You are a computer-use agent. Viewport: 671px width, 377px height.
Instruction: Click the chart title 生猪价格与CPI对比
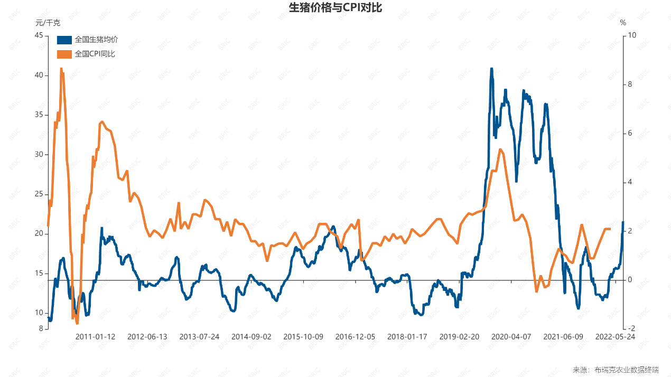(335, 8)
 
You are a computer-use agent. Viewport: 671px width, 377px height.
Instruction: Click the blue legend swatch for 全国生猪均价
(64, 40)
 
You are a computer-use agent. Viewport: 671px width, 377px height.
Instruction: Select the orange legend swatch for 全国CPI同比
(64, 54)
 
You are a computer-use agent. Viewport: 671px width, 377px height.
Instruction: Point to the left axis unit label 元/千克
(48, 23)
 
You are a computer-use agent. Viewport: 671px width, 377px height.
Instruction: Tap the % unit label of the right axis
(623, 23)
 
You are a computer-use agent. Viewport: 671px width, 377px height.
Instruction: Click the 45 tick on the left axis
(39, 35)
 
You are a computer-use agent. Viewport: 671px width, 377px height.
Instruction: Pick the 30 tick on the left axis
(39, 155)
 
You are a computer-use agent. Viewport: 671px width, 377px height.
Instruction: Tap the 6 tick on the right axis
(630, 133)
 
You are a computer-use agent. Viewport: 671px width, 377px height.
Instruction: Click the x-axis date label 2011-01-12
(95, 337)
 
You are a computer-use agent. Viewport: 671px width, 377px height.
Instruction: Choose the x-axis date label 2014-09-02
(251, 337)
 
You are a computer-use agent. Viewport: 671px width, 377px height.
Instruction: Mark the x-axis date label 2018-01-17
(407, 337)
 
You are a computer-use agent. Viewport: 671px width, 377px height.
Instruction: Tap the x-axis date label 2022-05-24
(615, 337)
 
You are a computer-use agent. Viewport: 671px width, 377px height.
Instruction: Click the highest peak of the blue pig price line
(491, 69)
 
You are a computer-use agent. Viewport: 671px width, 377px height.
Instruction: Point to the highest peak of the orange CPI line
(61, 69)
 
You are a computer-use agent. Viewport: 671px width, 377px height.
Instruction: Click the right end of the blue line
(623, 222)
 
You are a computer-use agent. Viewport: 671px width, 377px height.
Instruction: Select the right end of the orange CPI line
(610, 229)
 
